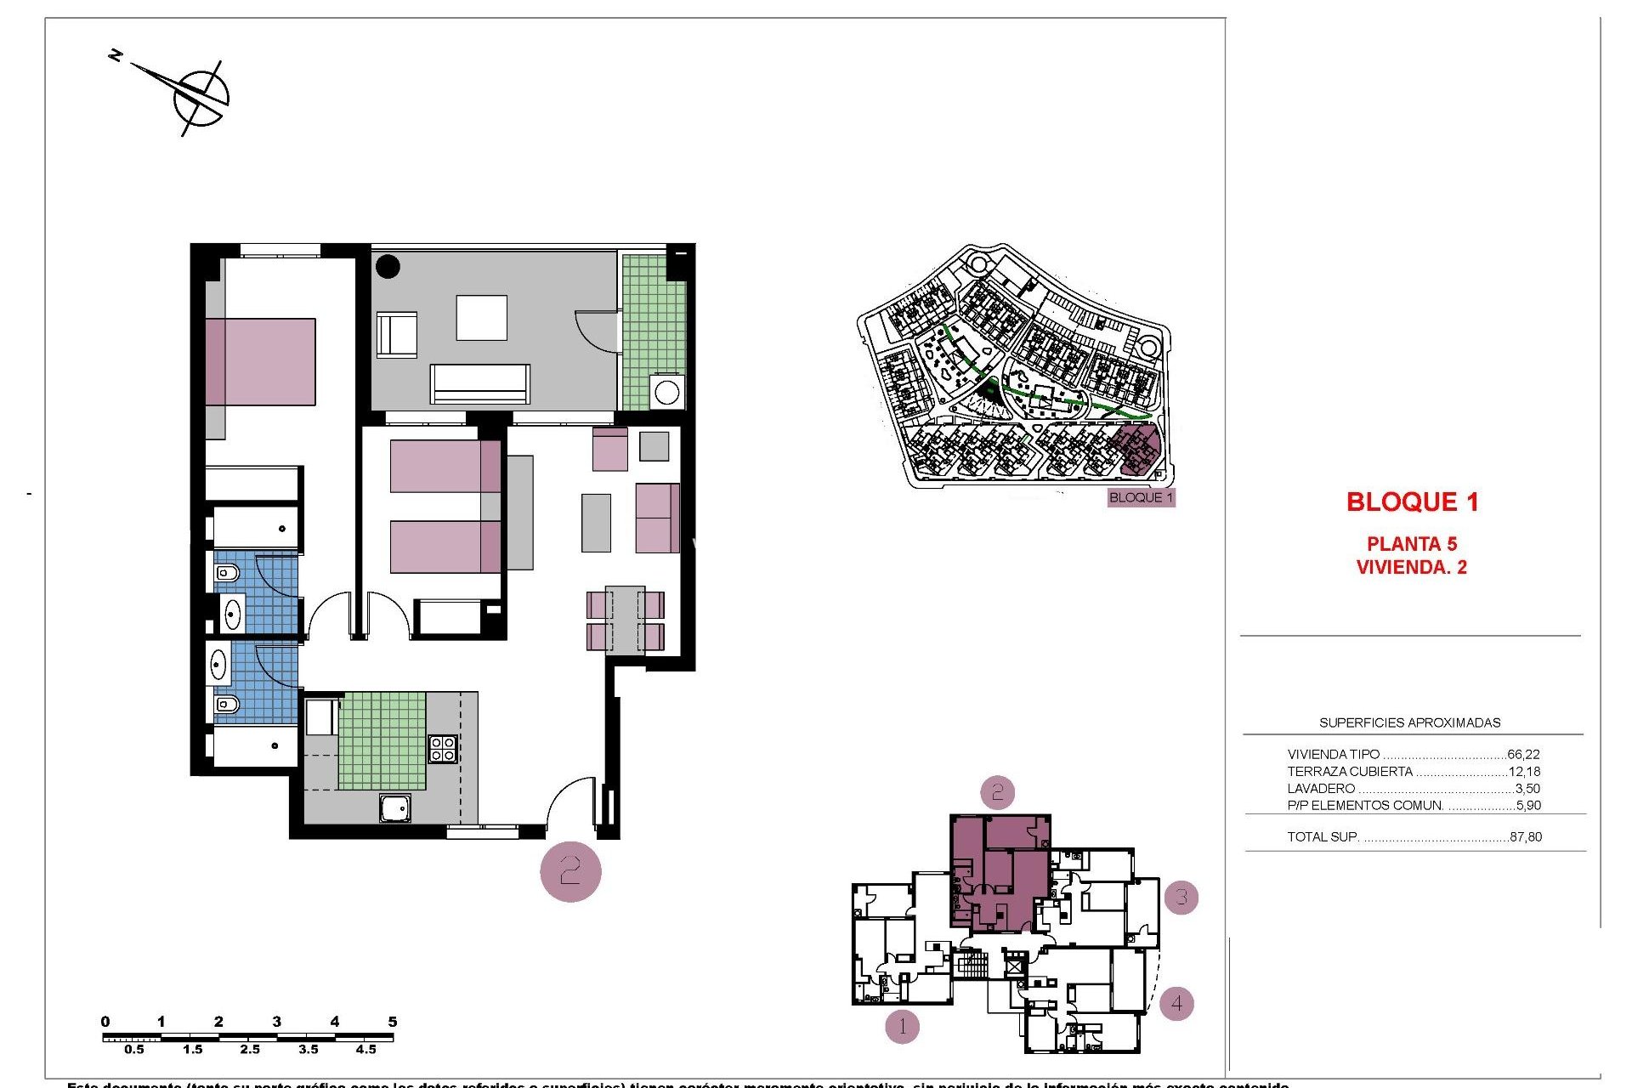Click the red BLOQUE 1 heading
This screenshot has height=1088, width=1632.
pos(1412,502)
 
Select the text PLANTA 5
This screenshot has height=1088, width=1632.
pos(1411,544)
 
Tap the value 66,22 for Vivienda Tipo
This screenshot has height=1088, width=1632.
pos(1523,754)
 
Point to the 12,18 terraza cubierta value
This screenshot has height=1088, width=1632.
pos(1523,772)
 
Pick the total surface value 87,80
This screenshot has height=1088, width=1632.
pos(1525,836)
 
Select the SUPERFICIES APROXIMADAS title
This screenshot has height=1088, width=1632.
pos(1409,722)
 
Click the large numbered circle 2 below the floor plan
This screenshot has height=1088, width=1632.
pos(570,871)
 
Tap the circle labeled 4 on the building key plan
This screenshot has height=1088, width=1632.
pos(1176,1003)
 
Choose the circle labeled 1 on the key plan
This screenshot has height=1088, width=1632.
pos(902,1026)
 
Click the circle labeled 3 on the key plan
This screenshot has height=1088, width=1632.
pos(1181,897)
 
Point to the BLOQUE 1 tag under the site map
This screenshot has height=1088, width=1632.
pos(1141,497)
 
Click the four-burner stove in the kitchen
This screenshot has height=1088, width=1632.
pos(442,748)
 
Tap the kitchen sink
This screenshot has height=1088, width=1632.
pos(395,808)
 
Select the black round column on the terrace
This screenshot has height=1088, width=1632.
pos(388,266)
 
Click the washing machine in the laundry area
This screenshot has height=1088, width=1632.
pos(666,393)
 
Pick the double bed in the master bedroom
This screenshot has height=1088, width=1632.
pos(260,362)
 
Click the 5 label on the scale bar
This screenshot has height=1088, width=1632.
pos(392,1022)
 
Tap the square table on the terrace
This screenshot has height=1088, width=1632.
pos(481,318)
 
